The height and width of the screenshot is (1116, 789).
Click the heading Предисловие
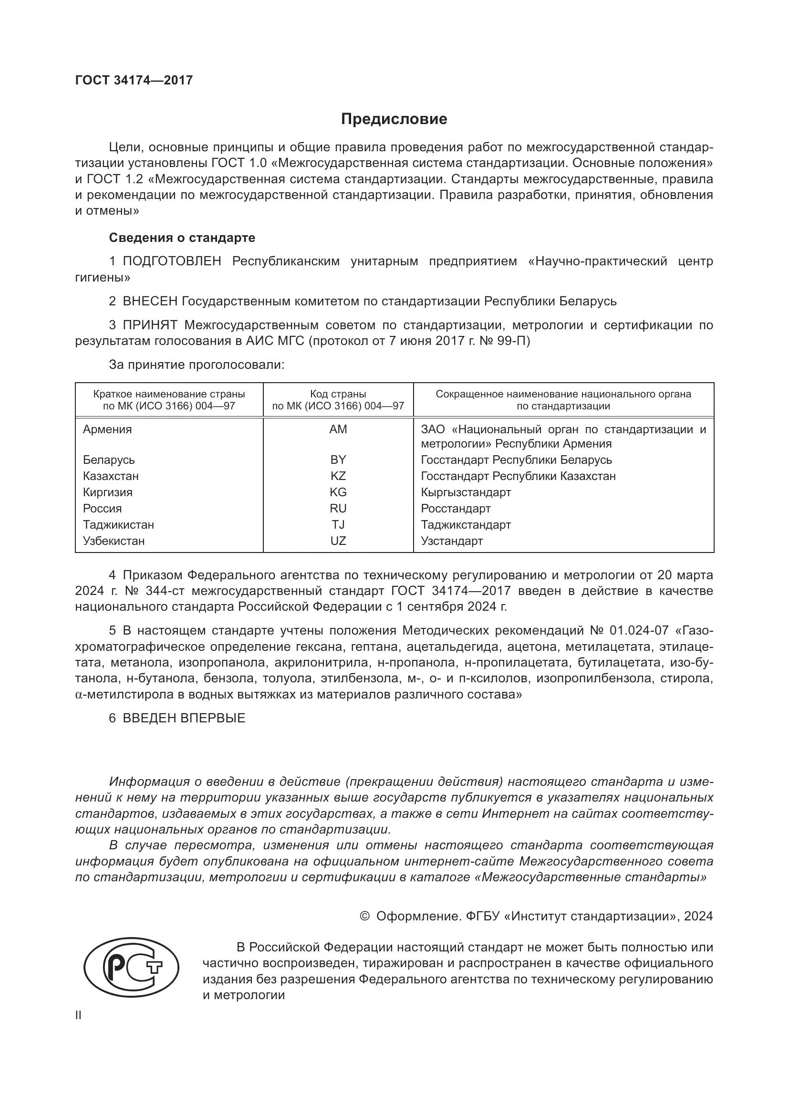coord(394,119)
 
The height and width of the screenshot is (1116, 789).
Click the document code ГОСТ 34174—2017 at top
coord(134,80)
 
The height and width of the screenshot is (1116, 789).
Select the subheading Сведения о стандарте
coord(182,238)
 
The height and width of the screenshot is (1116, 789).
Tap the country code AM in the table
coord(338,429)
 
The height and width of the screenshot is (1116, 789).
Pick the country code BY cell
coord(338,460)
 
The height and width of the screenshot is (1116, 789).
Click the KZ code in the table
coord(338,476)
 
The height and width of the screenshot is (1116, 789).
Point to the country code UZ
coord(338,541)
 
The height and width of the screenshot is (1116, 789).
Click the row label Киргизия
coord(107,492)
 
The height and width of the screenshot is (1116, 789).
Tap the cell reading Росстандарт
coord(456,509)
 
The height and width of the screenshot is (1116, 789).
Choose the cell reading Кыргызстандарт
coord(466,492)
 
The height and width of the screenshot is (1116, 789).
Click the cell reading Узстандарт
coord(452,541)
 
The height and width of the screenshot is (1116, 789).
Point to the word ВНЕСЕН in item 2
coord(150,302)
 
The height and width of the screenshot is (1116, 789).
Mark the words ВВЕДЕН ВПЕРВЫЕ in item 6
coord(184,719)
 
